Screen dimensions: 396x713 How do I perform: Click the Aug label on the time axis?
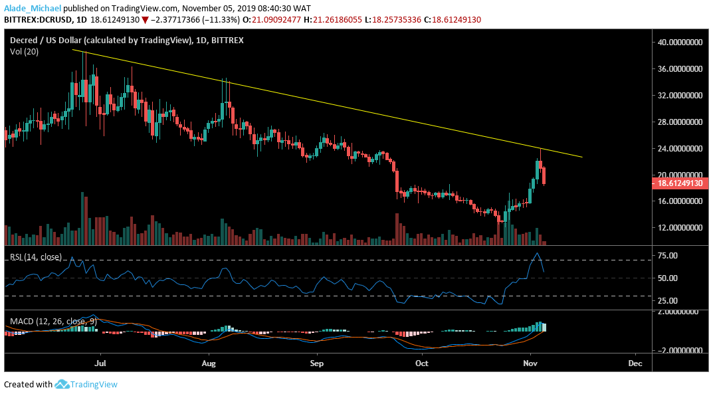209,364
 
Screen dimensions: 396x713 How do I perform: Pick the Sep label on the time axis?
316,364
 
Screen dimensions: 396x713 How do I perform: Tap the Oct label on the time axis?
421,364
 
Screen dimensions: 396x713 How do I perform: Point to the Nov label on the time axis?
530,364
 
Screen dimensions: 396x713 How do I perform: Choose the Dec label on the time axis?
635,364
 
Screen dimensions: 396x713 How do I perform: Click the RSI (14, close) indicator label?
34,257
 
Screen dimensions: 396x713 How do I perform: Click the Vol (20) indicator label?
25,52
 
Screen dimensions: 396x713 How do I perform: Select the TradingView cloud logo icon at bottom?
62,384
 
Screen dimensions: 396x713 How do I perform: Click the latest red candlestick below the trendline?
544,177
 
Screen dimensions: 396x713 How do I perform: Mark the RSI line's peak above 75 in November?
537,253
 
